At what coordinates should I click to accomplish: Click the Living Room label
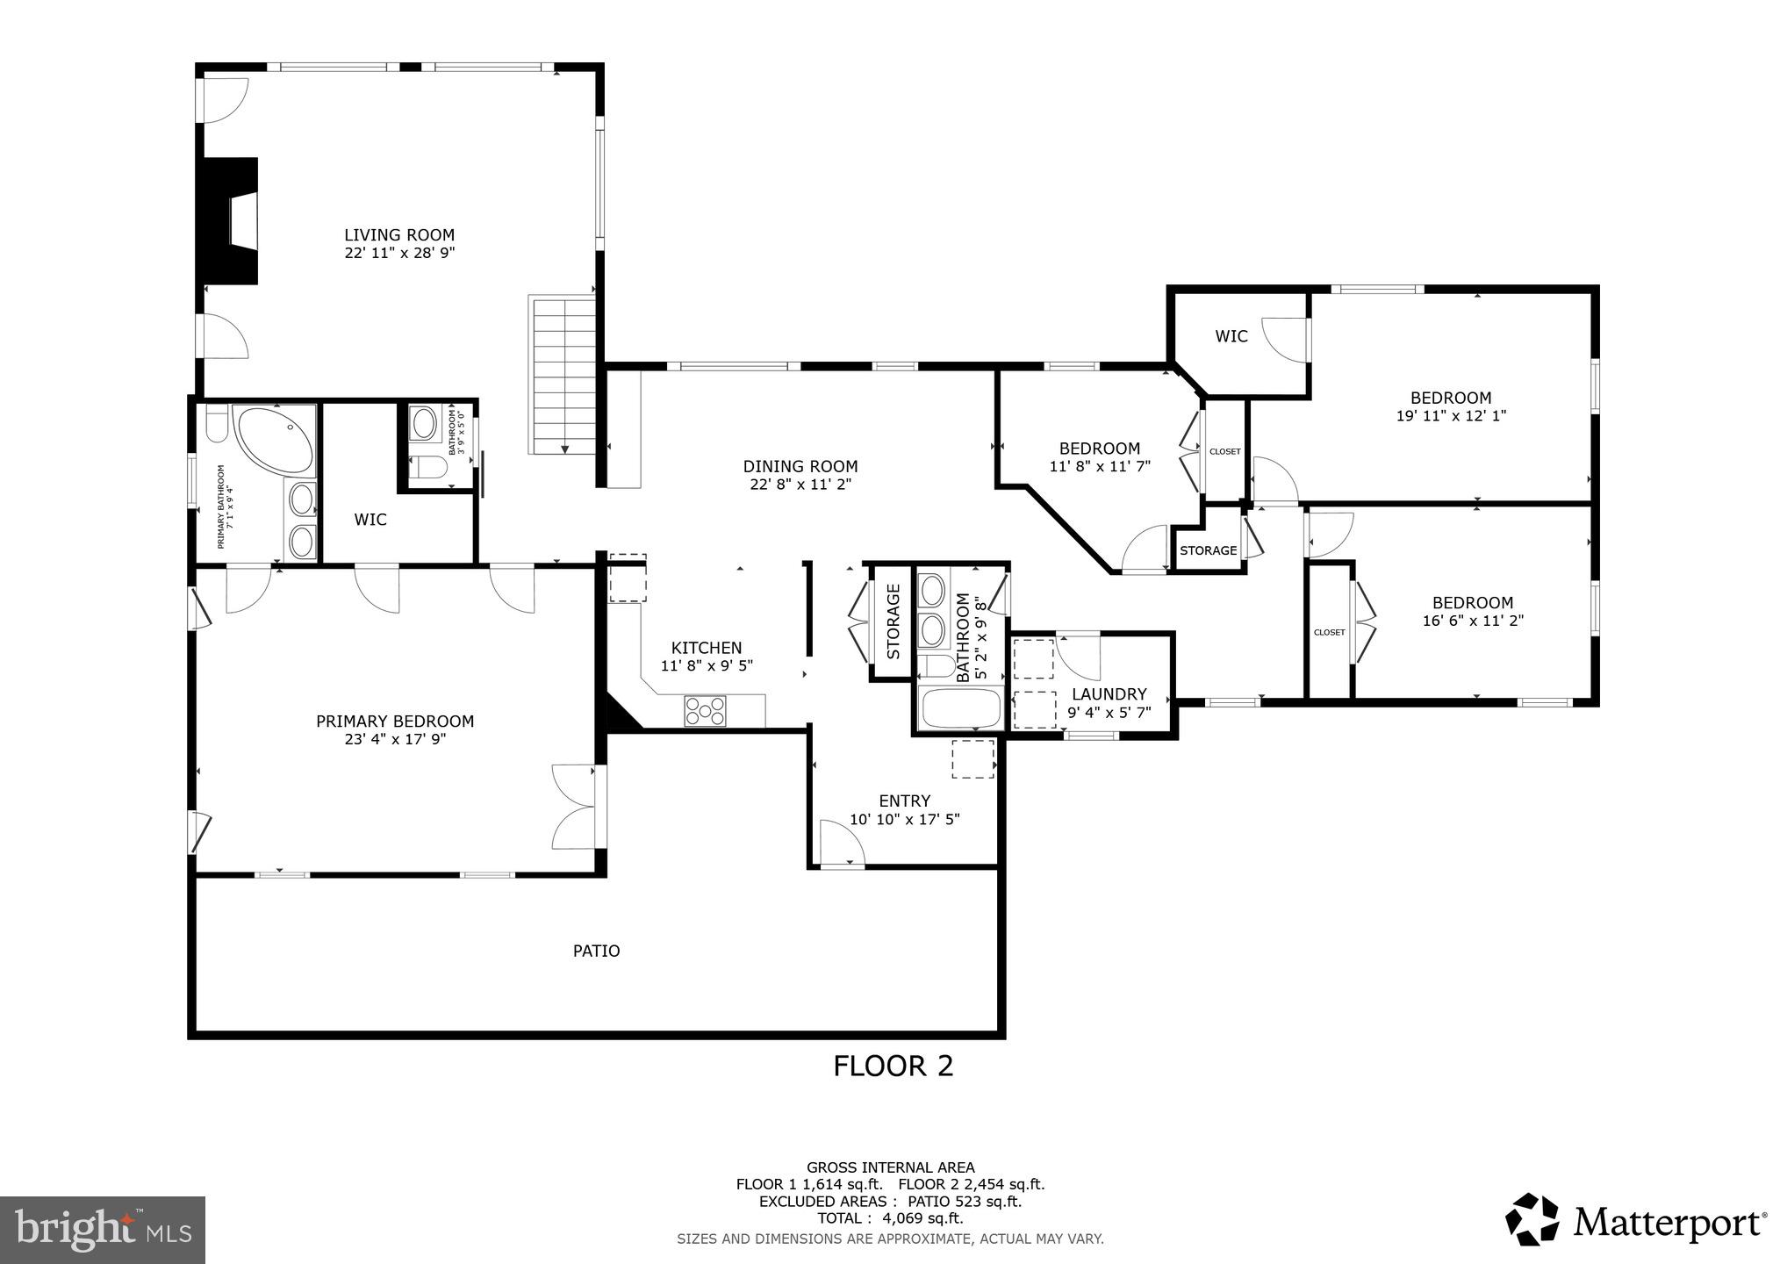click(x=398, y=235)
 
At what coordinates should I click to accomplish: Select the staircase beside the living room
click(x=562, y=375)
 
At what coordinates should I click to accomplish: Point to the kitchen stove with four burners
click(x=706, y=710)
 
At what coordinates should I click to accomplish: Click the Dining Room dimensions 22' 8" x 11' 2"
click(x=800, y=484)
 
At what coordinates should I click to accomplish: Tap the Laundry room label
click(x=1109, y=694)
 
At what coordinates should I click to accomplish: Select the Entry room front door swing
click(x=841, y=843)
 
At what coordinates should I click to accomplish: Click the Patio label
click(x=596, y=951)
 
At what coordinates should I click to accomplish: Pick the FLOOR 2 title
click(x=893, y=1066)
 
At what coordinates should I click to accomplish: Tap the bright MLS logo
click(x=102, y=1230)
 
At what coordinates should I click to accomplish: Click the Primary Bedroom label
click(x=395, y=722)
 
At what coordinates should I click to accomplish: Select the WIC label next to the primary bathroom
click(x=370, y=520)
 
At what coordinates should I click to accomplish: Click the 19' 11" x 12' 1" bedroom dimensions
click(x=1451, y=416)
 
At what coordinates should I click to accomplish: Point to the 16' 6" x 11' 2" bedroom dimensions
click(x=1472, y=621)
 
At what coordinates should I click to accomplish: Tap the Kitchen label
click(x=707, y=649)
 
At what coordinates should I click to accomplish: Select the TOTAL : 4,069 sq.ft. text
click(x=890, y=1218)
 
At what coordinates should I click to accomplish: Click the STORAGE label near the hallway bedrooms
click(x=1208, y=550)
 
